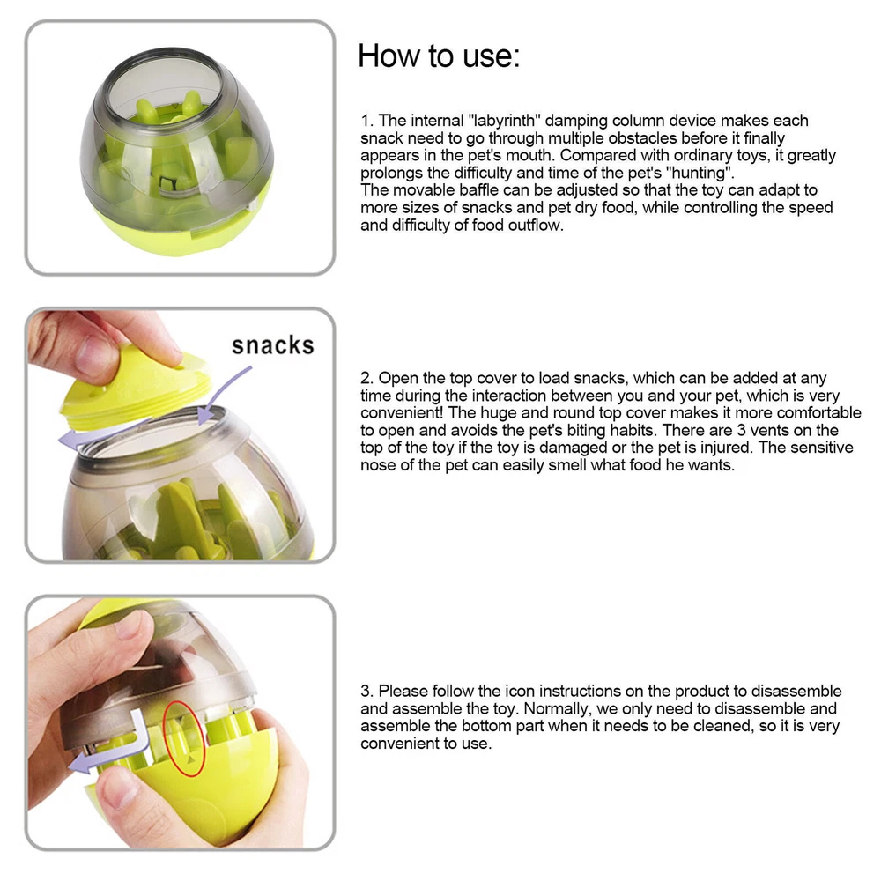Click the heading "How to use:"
[x=439, y=56]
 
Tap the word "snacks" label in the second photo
[x=273, y=345]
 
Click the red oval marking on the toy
[x=184, y=739]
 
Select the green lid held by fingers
[x=135, y=388]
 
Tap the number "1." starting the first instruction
[x=366, y=121]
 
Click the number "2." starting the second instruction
[x=367, y=378]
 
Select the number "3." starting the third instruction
[x=367, y=691]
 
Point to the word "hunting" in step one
[x=700, y=173]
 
